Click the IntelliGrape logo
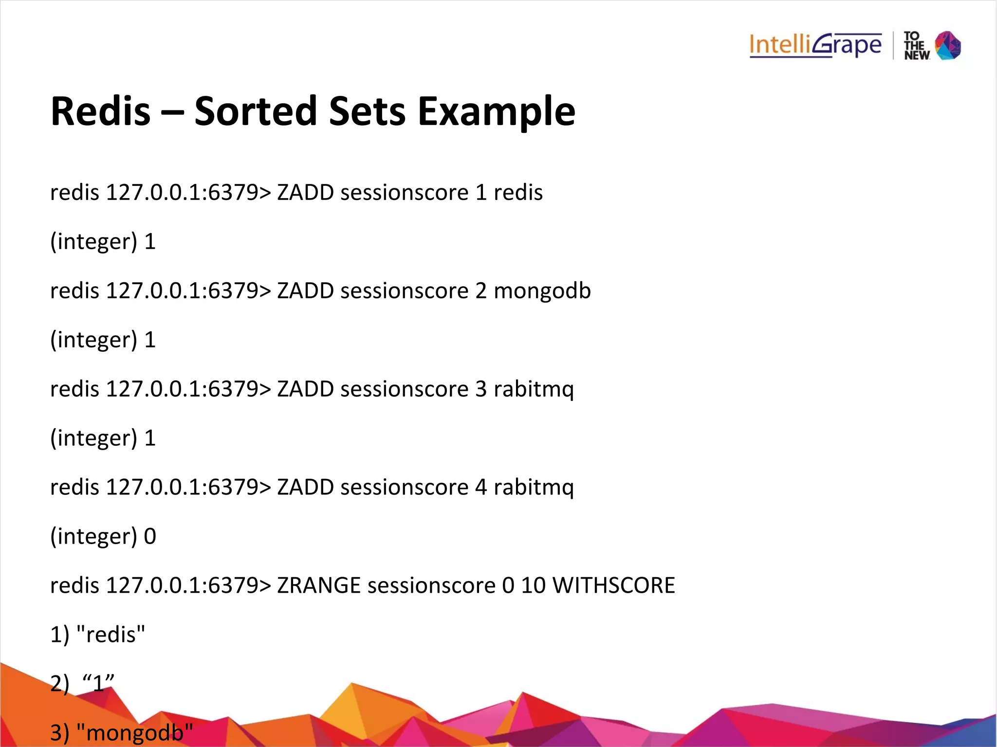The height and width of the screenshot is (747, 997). pos(815,45)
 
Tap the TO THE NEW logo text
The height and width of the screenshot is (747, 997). pos(916,46)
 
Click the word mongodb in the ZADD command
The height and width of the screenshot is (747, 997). pos(542,291)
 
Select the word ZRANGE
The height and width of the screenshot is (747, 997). pos(318,585)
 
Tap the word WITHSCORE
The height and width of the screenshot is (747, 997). pos(613,585)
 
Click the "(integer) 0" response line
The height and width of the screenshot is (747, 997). pos(103,536)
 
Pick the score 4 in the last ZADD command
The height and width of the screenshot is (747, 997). pos(480,487)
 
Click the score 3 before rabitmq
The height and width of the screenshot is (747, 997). pos(480,389)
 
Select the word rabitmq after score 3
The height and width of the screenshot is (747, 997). pos(534,390)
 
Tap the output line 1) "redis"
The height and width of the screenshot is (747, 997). pos(98,635)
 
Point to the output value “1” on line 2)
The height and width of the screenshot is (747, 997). pos(99,683)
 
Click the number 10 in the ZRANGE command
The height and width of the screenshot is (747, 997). pos(533,585)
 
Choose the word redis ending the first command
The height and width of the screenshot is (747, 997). pos(518,193)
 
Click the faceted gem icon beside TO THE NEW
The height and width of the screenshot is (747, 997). pos(948,45)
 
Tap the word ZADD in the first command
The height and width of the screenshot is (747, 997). pos(305,193)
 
